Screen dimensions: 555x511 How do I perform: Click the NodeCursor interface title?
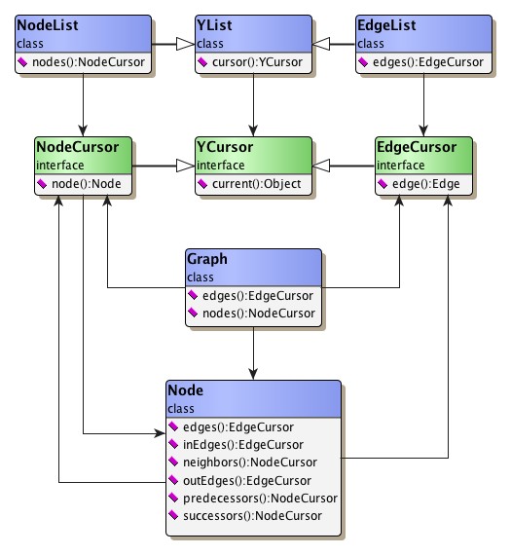(78, 147)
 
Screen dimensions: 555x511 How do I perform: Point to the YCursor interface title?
(225, 147)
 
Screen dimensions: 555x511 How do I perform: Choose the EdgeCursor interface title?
(417, 147)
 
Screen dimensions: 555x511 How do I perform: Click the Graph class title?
(207, 259)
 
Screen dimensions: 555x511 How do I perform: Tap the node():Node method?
(86, 183)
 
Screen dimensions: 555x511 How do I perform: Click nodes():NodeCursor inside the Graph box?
(259, 313)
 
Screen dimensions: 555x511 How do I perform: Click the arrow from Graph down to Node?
(254, 355)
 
